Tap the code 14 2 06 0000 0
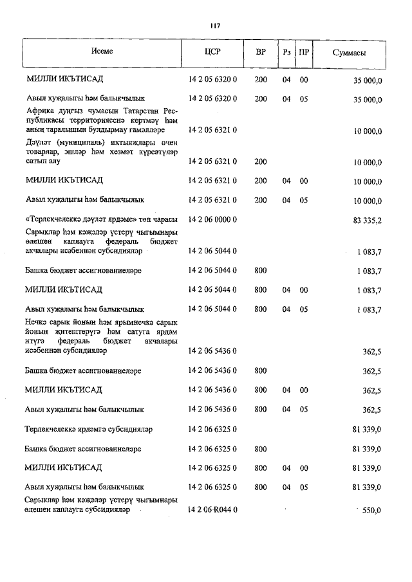coord(212,220)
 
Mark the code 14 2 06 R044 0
coord(212,510)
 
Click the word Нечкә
coord(37,322)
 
